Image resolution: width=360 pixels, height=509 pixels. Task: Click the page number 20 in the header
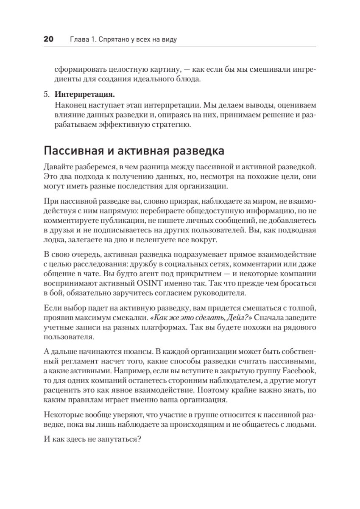48,39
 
